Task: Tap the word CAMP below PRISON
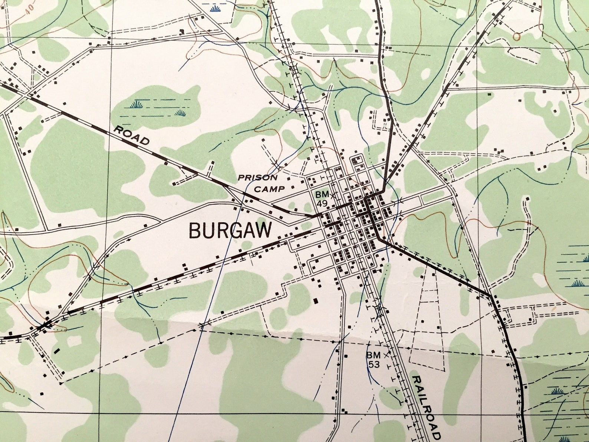[272, 189]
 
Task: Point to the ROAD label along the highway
[131, 135]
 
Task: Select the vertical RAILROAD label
[426, 407]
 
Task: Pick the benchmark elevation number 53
[374, 364]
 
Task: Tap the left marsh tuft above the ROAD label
[136, 105]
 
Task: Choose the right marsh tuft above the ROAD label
[181, 112]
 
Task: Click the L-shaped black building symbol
[182, 32]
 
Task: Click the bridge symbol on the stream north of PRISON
[276, 162]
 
